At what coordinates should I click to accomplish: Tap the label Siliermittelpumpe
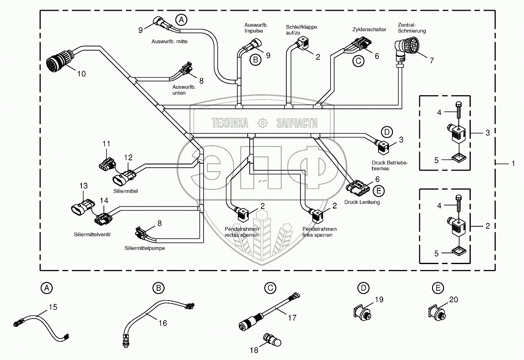(144, 248)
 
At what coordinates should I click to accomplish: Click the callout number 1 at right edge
(513, 164)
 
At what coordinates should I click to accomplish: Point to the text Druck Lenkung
(362, 202)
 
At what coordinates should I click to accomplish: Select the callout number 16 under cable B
(163, 323)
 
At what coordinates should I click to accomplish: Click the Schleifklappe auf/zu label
(301, 29)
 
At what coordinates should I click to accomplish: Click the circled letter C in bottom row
(270, 287)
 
